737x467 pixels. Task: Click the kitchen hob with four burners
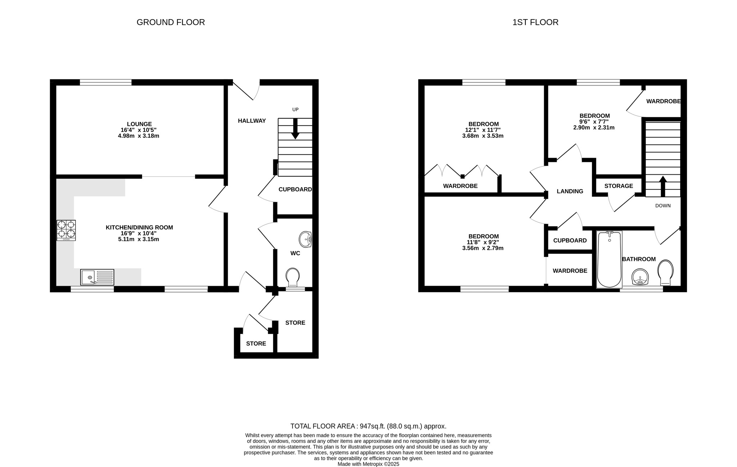[x=66, y=230]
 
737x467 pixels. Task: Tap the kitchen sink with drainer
[x=97, y=277]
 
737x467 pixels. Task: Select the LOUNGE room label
[x=139, y=124]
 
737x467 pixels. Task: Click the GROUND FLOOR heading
[x=171, y=22]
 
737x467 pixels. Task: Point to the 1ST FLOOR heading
[x=535, y=22]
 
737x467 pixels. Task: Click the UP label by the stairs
[x=295, y=110]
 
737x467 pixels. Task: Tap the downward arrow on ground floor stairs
[x=295, y=129]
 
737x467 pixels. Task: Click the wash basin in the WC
[x=306, y=239]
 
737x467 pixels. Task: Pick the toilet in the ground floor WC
[x=293, y=277]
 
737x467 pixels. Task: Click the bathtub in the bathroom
[x=609, y=259]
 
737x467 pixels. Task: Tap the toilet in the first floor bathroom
[x=665, y=272]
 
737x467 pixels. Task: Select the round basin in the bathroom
[x=640, y=277]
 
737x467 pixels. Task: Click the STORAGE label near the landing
[x=619, y=186]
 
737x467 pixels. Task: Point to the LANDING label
[x=570, y=191]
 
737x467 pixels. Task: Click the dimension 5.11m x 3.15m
[x=139, y=239]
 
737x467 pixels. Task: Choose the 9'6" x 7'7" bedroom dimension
[x=594, y=122]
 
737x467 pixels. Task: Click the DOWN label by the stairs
[x=663, y=206]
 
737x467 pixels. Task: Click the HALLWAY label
[x=252, y=121]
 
